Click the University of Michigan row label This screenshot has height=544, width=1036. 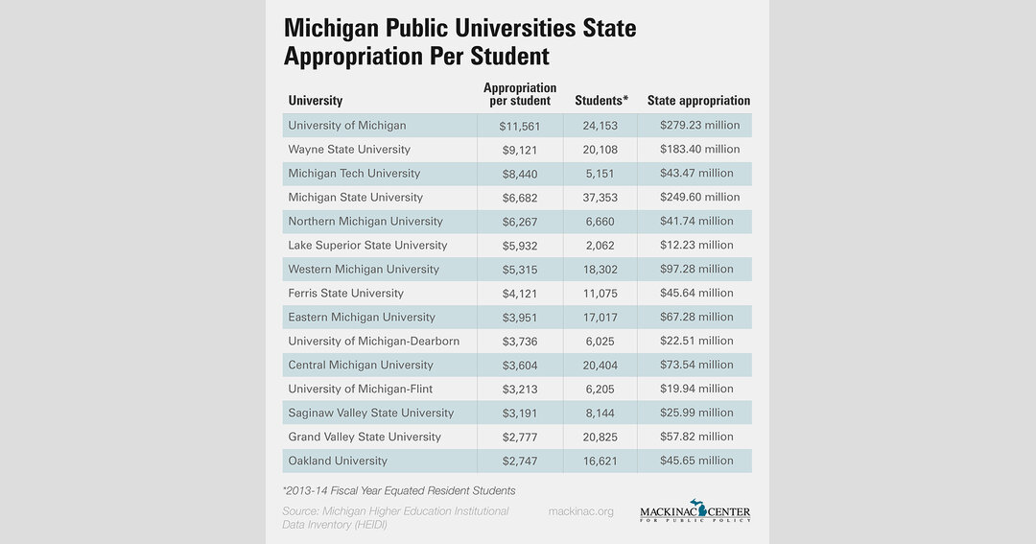click(346, 126)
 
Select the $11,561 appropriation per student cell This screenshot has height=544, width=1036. click(519, 126)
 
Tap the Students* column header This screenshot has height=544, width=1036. click(601, 101)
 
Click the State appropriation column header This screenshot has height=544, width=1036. click(698, 101)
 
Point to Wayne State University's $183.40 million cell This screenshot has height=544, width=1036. click(699, 150)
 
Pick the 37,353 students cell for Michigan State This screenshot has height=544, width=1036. click(600, 198)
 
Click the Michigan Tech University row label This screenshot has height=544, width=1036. click(354, 174)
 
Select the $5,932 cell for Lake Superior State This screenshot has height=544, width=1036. click(519, 246)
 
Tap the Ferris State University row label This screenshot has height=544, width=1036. click(345, 294)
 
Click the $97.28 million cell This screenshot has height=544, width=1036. click(696, 270)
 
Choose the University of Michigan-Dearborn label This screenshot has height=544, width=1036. click(373, 342)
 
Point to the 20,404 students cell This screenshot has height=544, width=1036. click(600, 366)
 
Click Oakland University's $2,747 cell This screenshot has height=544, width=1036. click(519, 461)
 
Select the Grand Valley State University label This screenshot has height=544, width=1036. click(365, 438)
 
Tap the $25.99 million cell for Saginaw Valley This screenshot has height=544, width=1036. click(696, 414)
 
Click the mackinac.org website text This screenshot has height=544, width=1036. click(580, 511)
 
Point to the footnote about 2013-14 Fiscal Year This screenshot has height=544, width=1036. click(399, 490)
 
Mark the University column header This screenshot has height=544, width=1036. click(315, 101)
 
